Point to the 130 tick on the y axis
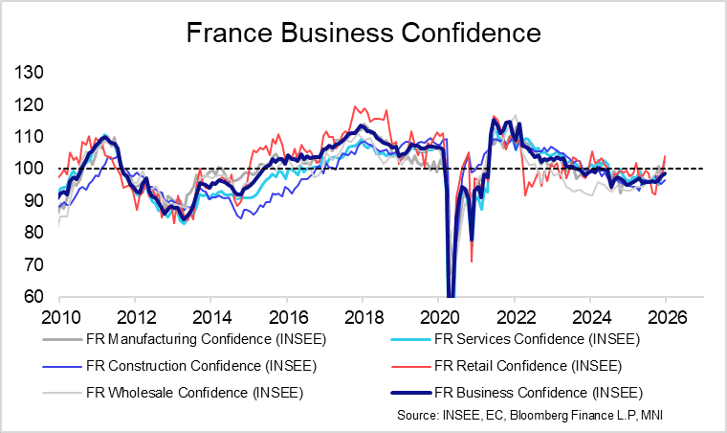tap(29, 73)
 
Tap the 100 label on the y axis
tap(29, 169)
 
